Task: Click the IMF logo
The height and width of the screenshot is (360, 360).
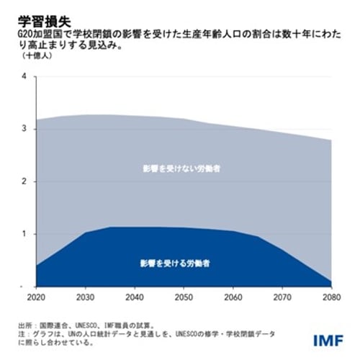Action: coord(330,338)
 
